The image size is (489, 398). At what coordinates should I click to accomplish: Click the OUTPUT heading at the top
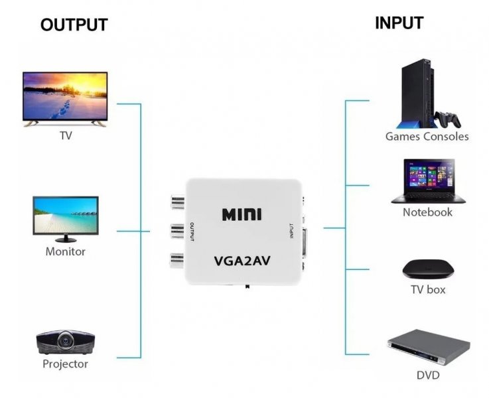pyautogui.click(x=74, y=25)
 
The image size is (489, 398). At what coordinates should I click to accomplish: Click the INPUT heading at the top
pyautogui.click(x=399, y=23)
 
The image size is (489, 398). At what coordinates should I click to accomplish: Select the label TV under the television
pyautogui.click(x=66, y=136)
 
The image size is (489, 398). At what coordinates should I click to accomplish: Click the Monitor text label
pyautogui.click(x=65, y=251)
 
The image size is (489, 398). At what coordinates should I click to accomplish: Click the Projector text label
pyautogui.click(x=65, y=364)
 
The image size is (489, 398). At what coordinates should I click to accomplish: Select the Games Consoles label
pyautogui.click(x=427, y=137)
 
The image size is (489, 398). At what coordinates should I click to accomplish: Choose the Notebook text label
pyautogui.click(x=427, y=212)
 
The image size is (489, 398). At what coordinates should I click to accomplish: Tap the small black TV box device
pyautogui.click(x=428, y=269)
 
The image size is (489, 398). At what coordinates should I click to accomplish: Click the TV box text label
pyautogui.click(x=428, y=289)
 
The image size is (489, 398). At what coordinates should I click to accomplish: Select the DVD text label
pyautogui.click(x=428, y=375)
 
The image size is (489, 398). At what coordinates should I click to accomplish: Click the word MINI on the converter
pyautogui.click(x=242, y=214)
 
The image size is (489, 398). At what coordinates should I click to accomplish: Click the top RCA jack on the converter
pyautogui.click(x=177, y=200)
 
